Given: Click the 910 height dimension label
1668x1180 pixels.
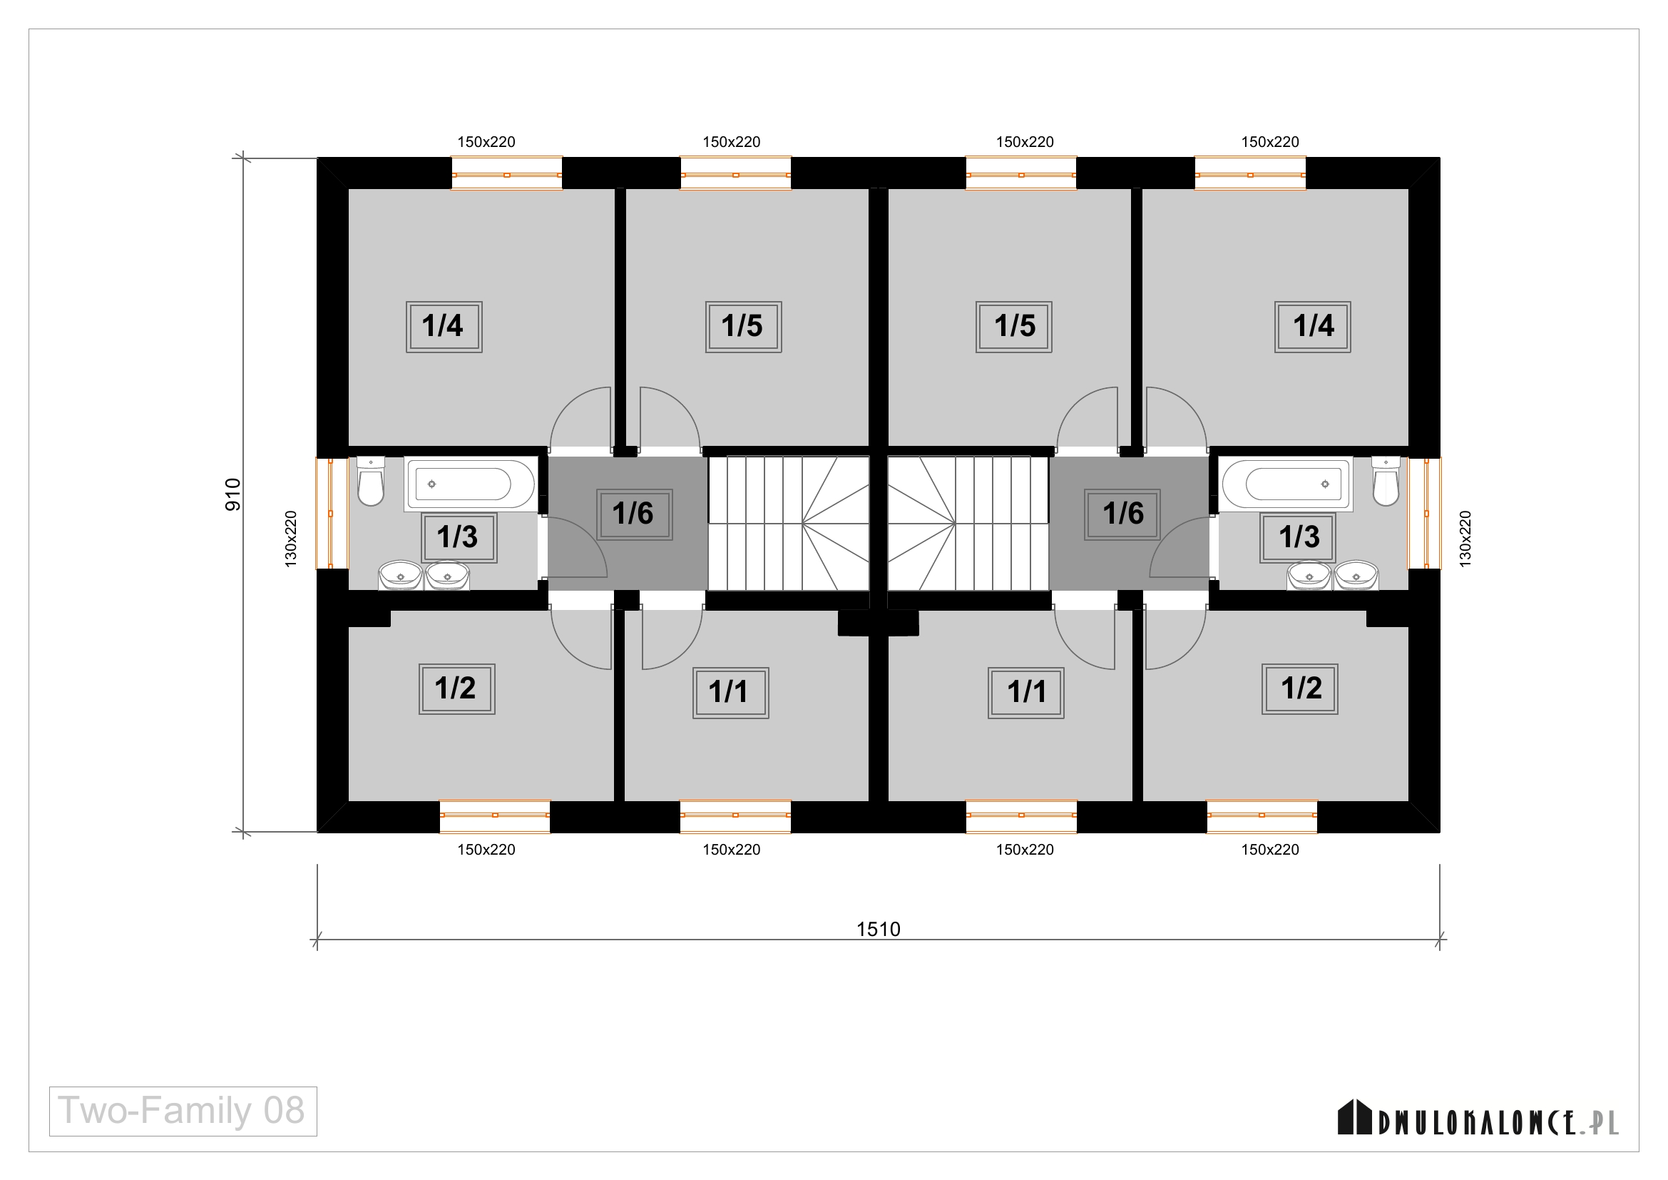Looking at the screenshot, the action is (x=232, y=495).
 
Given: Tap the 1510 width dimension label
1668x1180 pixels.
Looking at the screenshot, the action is (x=879, y=930).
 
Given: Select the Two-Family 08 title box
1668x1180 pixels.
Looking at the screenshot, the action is (x=183, y=1111).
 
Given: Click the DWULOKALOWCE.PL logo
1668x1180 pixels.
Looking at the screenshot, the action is (x=1478, y=1118).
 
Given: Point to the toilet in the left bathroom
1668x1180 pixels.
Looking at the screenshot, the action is (x=372, y=481).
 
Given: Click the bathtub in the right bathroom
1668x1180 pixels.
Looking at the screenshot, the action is (x=1286, y=484).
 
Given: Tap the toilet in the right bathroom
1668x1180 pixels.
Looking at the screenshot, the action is (x=1386, y=481).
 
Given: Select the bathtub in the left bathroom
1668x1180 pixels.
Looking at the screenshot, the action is (x=471, y=484).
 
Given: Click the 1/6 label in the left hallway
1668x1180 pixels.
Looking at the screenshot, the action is (x=634, y=514).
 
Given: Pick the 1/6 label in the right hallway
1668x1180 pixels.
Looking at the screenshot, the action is (x=1122, y=514).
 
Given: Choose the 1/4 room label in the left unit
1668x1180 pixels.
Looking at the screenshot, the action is (x=444, y=327).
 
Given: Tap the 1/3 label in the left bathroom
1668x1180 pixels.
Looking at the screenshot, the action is (x=459, y=538).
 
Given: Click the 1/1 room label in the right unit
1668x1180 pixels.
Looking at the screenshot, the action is (x=1025, y=693).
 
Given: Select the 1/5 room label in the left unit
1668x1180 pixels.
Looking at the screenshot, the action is (x=743, y=327).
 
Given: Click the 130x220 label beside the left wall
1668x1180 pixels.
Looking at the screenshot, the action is (x=290, y=539).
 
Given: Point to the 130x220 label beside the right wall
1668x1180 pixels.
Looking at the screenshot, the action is (x=1465, y=539).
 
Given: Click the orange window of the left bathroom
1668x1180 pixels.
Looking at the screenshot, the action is (x=332, y=513).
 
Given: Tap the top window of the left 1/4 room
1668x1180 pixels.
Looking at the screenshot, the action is (x=506, y=173).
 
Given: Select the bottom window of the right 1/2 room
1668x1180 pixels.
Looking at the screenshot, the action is (x=1262, y=816).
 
